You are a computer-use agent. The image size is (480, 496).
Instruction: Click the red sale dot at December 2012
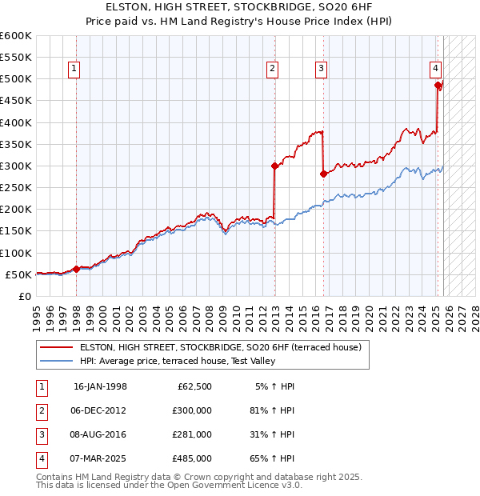[x=274, y=166]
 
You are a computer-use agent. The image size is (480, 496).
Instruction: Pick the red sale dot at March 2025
[x=438, y=86]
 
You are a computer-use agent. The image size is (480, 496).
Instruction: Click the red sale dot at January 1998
[x=76, y=270]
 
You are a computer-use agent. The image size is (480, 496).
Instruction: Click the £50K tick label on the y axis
[x=18, y=274]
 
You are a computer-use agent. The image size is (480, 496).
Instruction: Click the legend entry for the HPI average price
[x=177, y=362]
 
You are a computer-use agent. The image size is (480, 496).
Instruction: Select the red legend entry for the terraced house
[x=220, y=348]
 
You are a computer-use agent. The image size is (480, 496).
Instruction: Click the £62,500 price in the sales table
[x=192, y=386]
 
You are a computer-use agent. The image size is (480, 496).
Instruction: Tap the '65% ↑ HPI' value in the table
[x=271, y=458]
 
